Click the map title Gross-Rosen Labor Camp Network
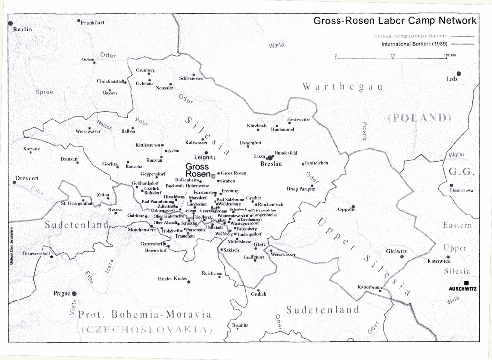(395, 21)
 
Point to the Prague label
(62, 294)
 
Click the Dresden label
(27, 178)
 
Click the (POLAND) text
(419, 118)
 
